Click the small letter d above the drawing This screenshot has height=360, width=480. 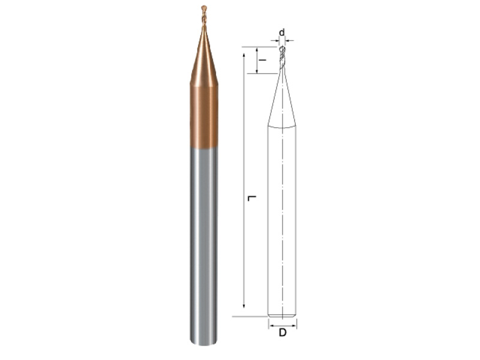tap(282, 32)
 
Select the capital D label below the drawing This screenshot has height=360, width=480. tap(283, 332)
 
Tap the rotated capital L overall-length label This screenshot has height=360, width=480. tap(251, 199)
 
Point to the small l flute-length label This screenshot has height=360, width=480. tap(262, 60)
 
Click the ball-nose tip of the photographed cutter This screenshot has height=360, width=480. tap(204, 8)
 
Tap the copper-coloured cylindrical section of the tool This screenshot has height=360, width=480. tap(204, 117)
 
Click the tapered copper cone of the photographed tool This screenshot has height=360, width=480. tap(204, 55)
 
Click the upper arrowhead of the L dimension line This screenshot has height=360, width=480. tap(244, 55)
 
